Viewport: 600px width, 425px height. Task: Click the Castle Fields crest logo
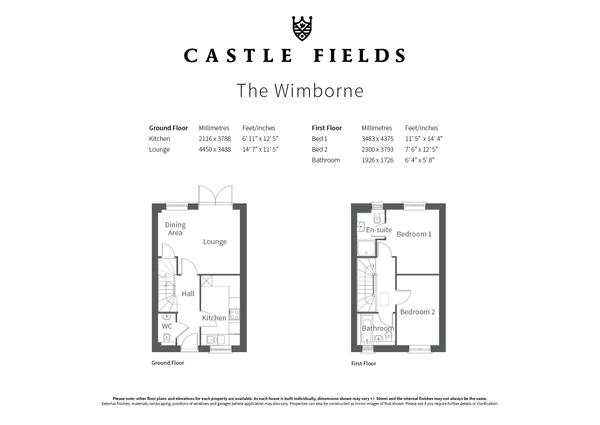tap(302, 29)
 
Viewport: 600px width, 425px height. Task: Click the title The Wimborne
tap(300, 91)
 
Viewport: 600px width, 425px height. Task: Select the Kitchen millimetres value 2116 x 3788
tap(214, 139)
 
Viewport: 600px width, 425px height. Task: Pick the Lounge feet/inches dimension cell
tap(260, 150)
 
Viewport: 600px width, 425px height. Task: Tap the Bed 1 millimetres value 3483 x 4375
tap(377, 139)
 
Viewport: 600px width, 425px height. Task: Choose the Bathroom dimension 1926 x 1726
tap(377, 160)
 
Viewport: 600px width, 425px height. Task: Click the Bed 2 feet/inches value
tap(421, 150)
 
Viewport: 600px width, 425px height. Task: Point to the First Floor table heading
tap(327, 128)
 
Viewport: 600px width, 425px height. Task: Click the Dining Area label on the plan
tap(175, 229)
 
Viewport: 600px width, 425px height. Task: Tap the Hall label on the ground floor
tap(188, 294)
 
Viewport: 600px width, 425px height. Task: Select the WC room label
tap(167, 326)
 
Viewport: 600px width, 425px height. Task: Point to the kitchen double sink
tap(216, 340)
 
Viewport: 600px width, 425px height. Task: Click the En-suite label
tap(379, 230)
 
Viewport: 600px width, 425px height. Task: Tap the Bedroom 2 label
tap(417, 312)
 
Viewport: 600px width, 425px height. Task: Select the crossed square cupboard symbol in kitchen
tap(207, 281)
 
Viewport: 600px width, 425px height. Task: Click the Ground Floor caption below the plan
tap(168, 363)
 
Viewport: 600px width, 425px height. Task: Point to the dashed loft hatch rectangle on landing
tap(384, 299)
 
